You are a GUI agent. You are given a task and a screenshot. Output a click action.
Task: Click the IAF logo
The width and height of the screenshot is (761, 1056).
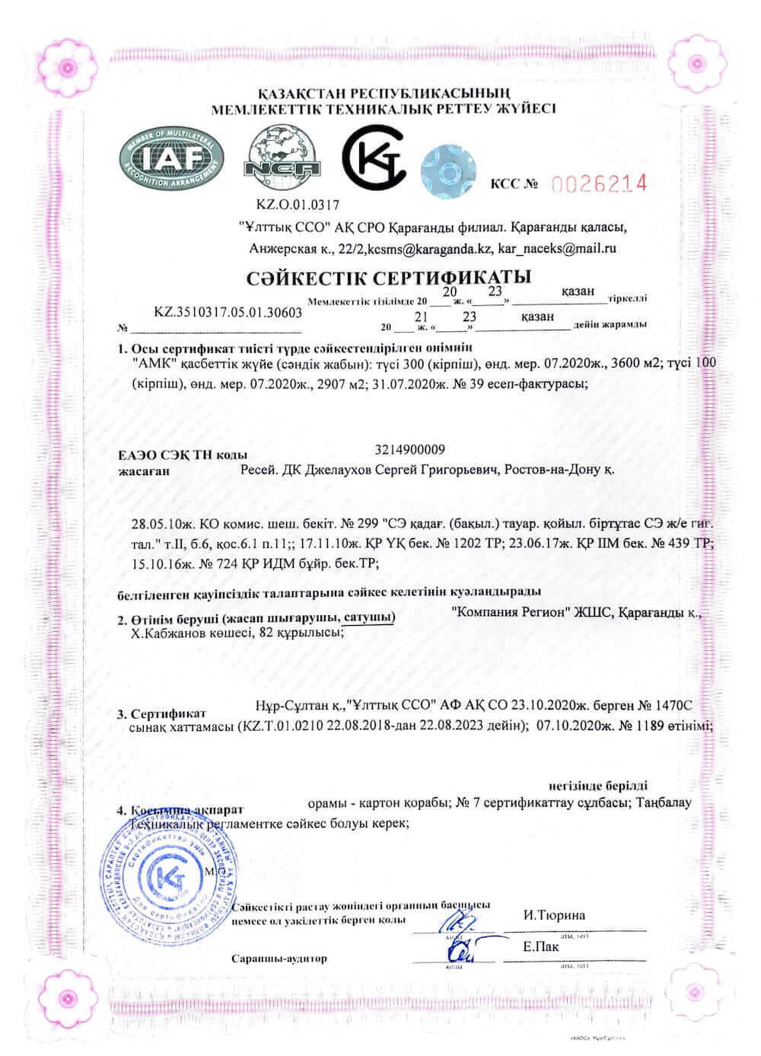171,158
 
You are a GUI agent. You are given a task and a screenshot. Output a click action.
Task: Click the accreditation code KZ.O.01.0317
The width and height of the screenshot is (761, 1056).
299,204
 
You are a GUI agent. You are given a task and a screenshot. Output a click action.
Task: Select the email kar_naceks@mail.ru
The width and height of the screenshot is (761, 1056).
556,248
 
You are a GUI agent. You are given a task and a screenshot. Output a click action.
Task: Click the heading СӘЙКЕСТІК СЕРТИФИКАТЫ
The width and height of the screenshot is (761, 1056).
389,276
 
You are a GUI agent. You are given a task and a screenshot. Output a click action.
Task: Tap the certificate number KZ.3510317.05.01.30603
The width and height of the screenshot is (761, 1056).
228,312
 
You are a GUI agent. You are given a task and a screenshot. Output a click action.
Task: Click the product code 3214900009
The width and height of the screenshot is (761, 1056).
410,449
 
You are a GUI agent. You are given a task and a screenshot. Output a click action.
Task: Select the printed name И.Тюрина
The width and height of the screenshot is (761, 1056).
554,915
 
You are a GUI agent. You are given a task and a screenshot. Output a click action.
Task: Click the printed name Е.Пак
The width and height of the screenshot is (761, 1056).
541,947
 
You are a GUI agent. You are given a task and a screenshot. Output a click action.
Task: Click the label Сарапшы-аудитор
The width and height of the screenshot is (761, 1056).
279,958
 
